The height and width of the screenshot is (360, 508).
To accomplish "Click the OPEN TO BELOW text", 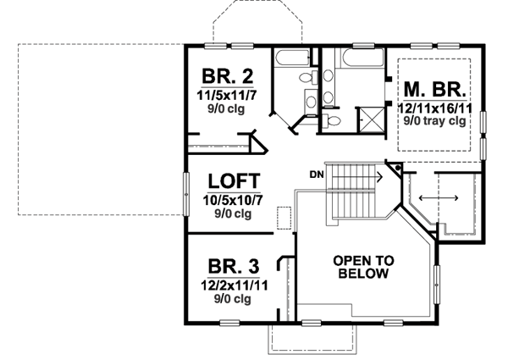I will [x=362, y=267].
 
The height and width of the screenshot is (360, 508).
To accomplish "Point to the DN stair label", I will [x=317, y=175].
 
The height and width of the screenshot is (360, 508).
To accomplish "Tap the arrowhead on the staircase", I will [x=379, y=179].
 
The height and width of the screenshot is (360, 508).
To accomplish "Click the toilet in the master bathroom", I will [x=333, y=122].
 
